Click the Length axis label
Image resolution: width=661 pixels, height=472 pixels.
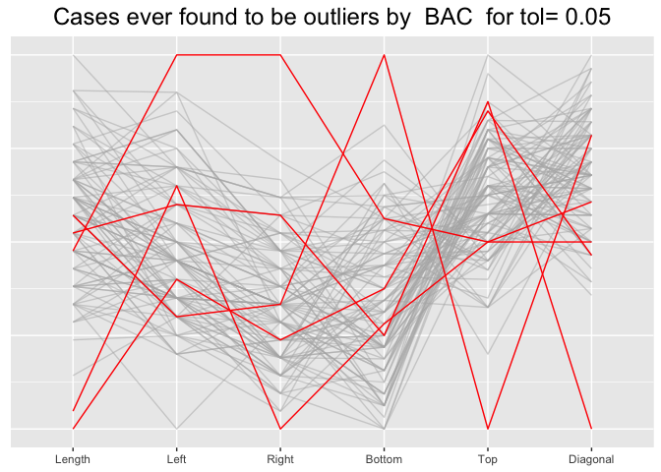point(73,459)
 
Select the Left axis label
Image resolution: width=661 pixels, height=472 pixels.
point(177,459)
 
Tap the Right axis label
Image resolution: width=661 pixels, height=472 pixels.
point(280,459)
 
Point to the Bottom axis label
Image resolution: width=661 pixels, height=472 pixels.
point(384,459)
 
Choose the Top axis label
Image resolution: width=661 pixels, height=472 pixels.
point(487,459)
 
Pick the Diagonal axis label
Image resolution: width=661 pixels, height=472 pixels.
point(590,459)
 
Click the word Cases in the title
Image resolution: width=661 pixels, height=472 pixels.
point(87,17)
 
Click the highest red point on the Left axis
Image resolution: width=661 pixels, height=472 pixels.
point(177,55)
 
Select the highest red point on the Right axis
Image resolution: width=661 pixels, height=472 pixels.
point(280,55)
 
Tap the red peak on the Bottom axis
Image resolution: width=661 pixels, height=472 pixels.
point(384,55)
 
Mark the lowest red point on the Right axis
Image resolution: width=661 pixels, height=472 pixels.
point(280,429)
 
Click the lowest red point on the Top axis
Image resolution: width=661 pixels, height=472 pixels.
point(487,429)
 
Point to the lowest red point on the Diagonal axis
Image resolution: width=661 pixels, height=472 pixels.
point(590,429)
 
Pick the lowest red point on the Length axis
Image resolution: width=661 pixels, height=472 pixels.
point(73,429)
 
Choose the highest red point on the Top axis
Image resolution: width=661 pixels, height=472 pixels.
point(487,101)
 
